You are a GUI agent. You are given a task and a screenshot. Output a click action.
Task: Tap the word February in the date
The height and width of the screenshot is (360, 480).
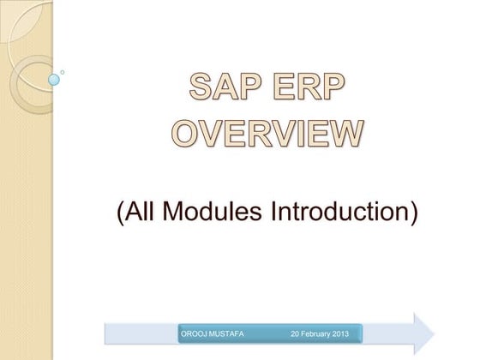coord(319,332)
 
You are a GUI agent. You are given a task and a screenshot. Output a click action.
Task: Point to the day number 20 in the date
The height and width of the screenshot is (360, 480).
coord(295,332)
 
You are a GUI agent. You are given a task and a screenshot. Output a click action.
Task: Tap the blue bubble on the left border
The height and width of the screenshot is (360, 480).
coord(54,80)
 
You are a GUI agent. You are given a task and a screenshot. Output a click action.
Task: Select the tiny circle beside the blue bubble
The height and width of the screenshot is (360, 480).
coord(63,72)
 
